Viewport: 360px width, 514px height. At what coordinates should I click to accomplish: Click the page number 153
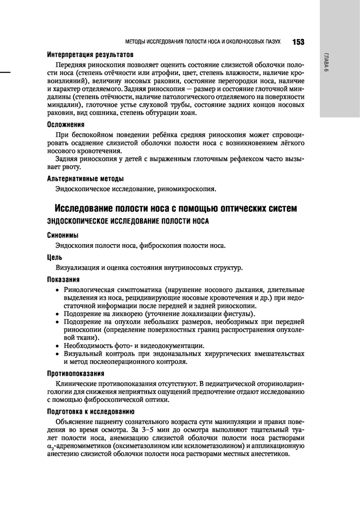pos(298,42)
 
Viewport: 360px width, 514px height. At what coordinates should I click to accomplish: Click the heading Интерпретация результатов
pos(90,54)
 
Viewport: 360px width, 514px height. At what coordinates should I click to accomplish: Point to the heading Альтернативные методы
pos(85,179)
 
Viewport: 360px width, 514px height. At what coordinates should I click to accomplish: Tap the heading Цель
pos(55,257)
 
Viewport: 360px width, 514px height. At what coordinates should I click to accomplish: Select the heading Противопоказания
pos(76,373)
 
